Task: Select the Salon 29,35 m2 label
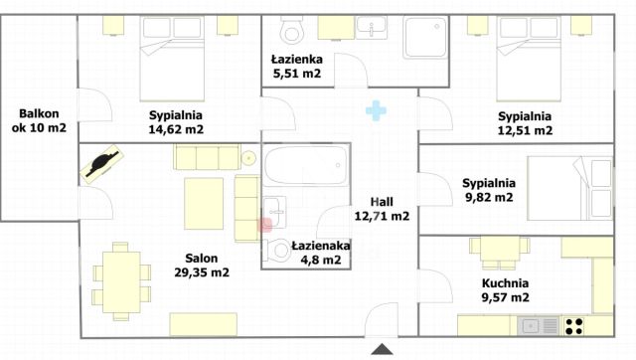[x=202, y=265]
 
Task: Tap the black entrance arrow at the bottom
[x=381, y=349]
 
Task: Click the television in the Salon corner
[x=102, y=163]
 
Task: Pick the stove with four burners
[x=574, y=324]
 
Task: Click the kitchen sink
[x=535, y=325]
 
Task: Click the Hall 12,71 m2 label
[x=382, y=208]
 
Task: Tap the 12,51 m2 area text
[x=524, y=129]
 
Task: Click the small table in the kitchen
[x=491, y=251]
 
